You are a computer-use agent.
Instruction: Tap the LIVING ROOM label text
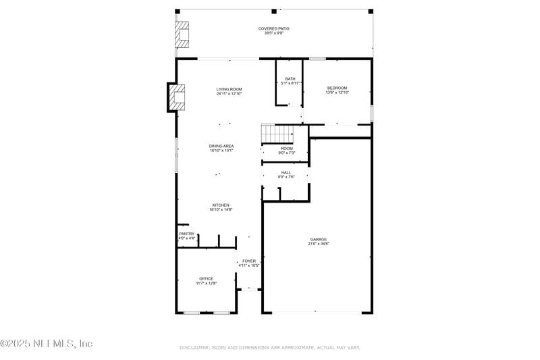(229, 89)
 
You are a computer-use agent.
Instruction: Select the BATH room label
(290, 79)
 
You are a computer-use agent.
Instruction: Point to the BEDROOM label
(337, 88)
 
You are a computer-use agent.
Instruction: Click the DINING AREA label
(221, 146)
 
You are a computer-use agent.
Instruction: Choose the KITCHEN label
(221, 205)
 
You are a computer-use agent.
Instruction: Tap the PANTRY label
(186, 234)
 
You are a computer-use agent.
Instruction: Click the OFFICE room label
(206, 278)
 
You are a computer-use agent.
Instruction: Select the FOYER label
(249, 261)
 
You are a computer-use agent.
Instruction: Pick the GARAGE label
(319, 239)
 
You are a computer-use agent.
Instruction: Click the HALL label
(286, 172)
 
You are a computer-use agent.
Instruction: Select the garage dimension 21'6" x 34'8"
(319, 244)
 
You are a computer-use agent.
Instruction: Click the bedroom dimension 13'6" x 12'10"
(337, 93)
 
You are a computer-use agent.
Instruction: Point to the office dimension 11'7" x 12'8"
(206, 283)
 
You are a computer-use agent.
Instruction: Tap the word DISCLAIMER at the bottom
(194, 347)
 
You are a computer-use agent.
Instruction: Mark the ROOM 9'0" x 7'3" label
(287, 151)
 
